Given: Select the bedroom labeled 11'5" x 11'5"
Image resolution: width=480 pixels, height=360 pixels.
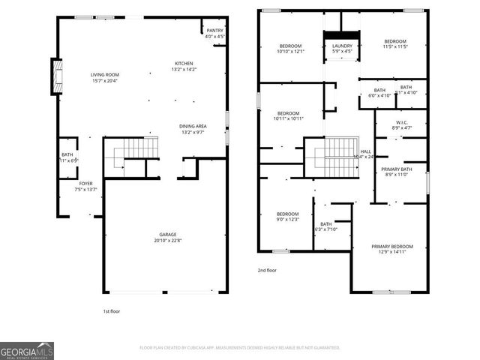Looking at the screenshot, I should pyautogui.click(x=395, y=44).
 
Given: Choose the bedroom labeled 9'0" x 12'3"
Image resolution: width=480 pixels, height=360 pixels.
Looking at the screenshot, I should pyautogui.click(x=286, y=217).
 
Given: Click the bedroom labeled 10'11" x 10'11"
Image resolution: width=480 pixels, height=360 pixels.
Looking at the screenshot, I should pyautogui.click(x=288, y=116).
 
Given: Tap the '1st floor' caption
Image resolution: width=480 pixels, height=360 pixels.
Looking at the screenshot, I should pyautogui.click(x=111, y=310).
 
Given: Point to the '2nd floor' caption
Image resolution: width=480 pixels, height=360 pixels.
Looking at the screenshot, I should pyautogui.click(x=267, y=270).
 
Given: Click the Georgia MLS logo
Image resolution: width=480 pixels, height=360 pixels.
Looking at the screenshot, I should pyautogui.click(x=27, y=350).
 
